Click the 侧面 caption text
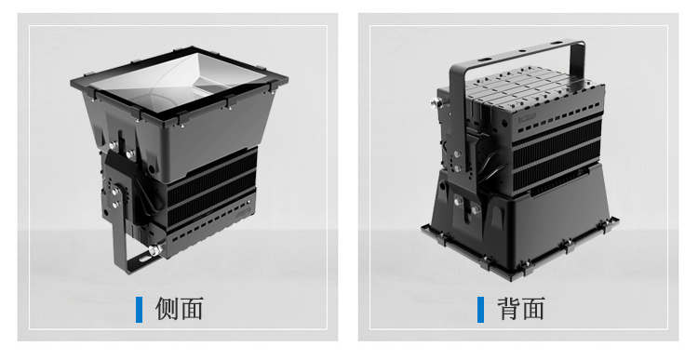point(180,309)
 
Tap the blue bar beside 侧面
point(140,309)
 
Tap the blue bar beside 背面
point(481,309)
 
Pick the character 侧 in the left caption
point(167,309)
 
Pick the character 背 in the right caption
point(508,309)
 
